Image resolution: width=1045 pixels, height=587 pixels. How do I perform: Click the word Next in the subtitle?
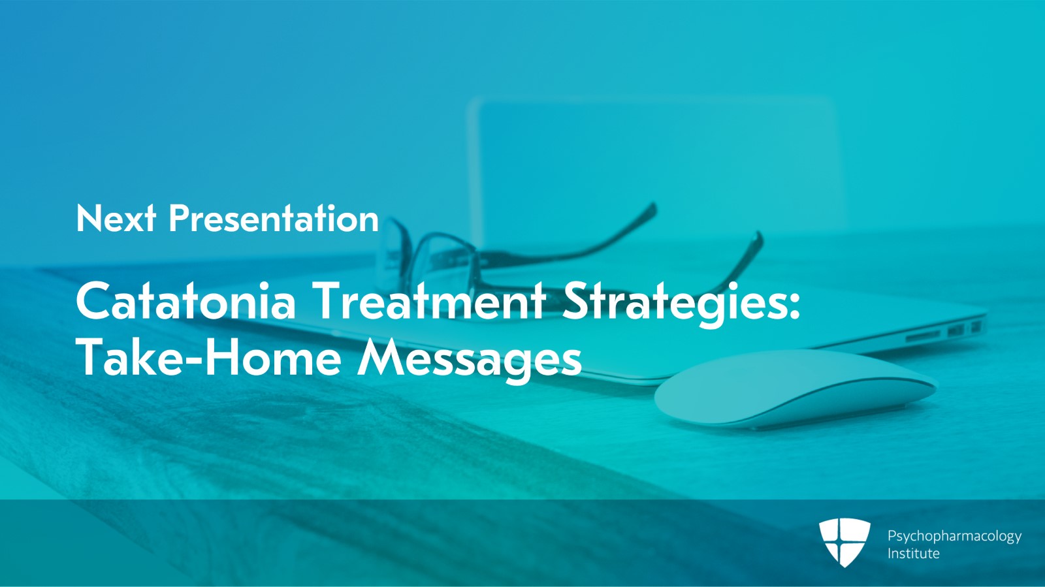coord(116,218)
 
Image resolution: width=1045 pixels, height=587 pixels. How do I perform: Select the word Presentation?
coord(274,218)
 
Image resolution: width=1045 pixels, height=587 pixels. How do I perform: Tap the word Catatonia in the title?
coord(185,300)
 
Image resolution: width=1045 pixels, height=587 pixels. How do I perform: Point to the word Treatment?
coord(429,300)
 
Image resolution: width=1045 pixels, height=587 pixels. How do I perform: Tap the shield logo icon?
coord(844,542)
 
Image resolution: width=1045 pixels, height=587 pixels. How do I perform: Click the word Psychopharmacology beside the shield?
coord(954,537)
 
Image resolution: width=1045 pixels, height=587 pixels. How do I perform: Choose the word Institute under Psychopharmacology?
coord(914,554)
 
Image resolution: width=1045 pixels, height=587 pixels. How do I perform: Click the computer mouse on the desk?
coord(795,388)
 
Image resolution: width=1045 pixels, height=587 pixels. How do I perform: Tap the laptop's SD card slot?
coord(923,335)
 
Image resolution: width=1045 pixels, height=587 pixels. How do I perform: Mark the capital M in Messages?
coord(383,357)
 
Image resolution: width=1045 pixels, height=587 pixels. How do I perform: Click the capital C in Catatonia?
coord(94,301)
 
